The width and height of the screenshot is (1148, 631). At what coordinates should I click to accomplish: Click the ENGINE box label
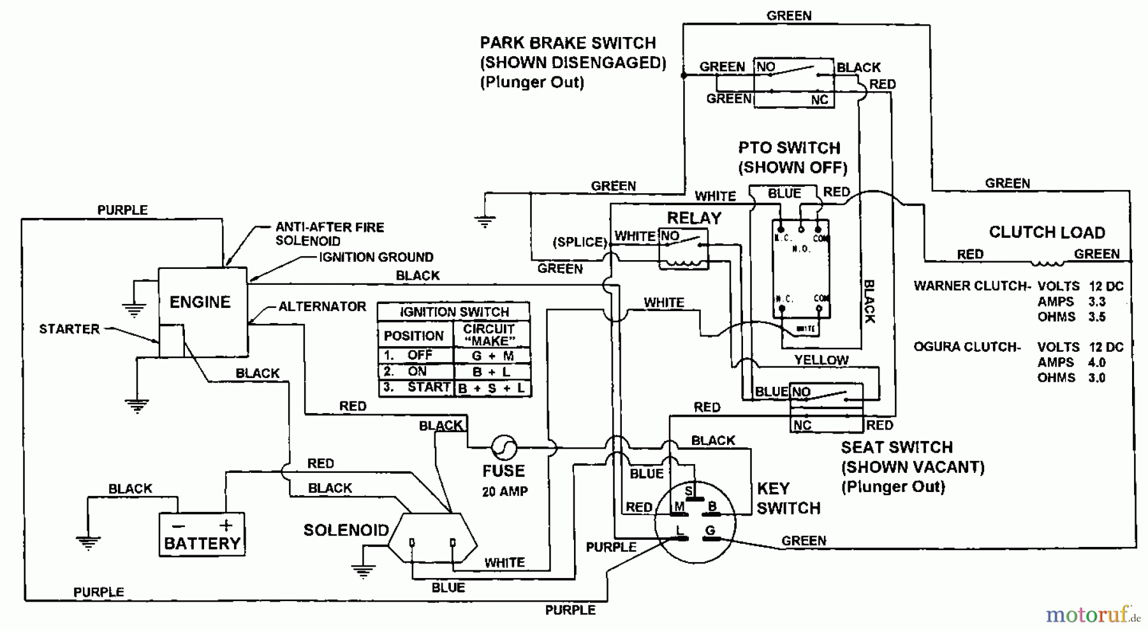(x=200, y=302)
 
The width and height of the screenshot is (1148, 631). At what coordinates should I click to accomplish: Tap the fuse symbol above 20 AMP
(x=503, y=447)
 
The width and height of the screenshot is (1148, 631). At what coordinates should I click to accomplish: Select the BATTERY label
(x=202, y=544)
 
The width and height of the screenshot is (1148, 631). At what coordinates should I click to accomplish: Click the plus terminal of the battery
(x=226, y=526)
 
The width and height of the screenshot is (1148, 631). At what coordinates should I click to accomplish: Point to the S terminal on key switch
(x=689, y=492)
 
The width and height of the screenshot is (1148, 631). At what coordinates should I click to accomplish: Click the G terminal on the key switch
(x=710, y=531)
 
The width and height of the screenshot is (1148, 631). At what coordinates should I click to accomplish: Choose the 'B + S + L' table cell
(x=491, y=388)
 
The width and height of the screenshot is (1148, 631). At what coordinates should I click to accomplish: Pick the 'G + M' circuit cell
(x=492, y=356)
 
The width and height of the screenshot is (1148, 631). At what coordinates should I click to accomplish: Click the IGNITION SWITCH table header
(x=454, y=312)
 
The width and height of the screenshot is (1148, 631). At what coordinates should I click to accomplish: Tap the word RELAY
(x=694, y=218)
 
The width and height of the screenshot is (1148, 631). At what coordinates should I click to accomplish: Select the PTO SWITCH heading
(x=790, y=149)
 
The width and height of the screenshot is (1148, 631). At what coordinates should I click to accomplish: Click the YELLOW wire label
(x=821, y=360)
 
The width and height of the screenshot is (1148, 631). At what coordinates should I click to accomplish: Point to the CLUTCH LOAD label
(x=1047, y=233)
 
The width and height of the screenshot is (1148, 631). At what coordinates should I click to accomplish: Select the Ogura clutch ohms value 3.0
(x=1096, y=377)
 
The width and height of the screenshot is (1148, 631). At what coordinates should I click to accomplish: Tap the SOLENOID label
(x=346, y=530)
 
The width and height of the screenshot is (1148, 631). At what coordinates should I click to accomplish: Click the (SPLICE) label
(x=579, y=242)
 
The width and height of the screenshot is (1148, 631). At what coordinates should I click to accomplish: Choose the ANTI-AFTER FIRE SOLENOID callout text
(x=329, y=234)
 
